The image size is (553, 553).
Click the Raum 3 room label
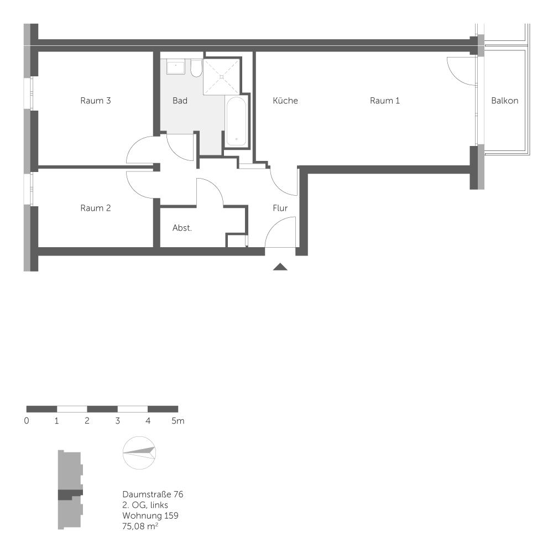[x=96, y=101]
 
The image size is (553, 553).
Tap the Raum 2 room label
[x=96, y=208]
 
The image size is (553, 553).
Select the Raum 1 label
[x=385, y=101]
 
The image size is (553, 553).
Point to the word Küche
[x=285, y=101]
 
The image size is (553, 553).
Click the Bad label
[x=180, y=101]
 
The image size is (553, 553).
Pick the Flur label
[x=280, y=208]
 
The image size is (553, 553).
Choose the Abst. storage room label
[x=182, y=228]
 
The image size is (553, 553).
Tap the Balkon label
[x=505, y=101]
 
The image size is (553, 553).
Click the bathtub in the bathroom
[x=236, y=122]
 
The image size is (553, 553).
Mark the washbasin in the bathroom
[x=176, y=67]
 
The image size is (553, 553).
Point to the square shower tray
[x=222, y=75]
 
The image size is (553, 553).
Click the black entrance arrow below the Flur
[x=281, y=268]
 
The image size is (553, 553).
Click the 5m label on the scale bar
[x=178, y=421]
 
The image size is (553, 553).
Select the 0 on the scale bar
[x=27, y=421]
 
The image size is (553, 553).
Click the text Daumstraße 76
[x=152, y=494]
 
